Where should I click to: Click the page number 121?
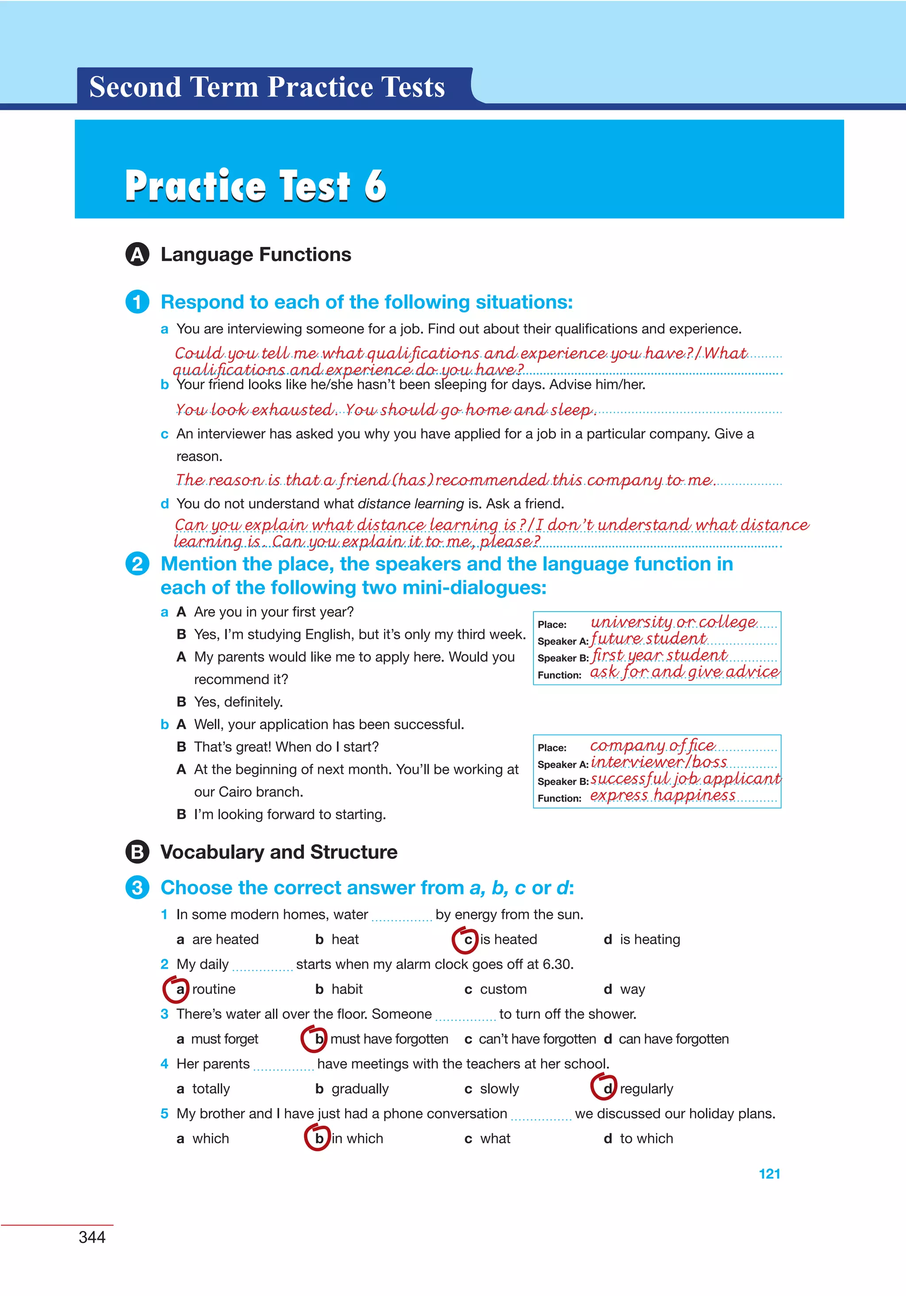[769, 1173]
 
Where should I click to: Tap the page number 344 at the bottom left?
[92, 1237]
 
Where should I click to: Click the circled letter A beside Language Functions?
[137, 254]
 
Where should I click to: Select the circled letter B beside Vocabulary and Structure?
[137, 852]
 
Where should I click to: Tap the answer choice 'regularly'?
[646, 1088]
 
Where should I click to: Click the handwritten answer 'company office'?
[652, 746]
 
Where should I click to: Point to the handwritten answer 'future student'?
[648, 638]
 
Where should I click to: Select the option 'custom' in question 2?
[503, 989]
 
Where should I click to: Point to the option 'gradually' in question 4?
[360, 1088]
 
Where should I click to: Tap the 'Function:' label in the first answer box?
[559, 675]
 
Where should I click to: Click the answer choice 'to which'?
[646, 1138]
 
